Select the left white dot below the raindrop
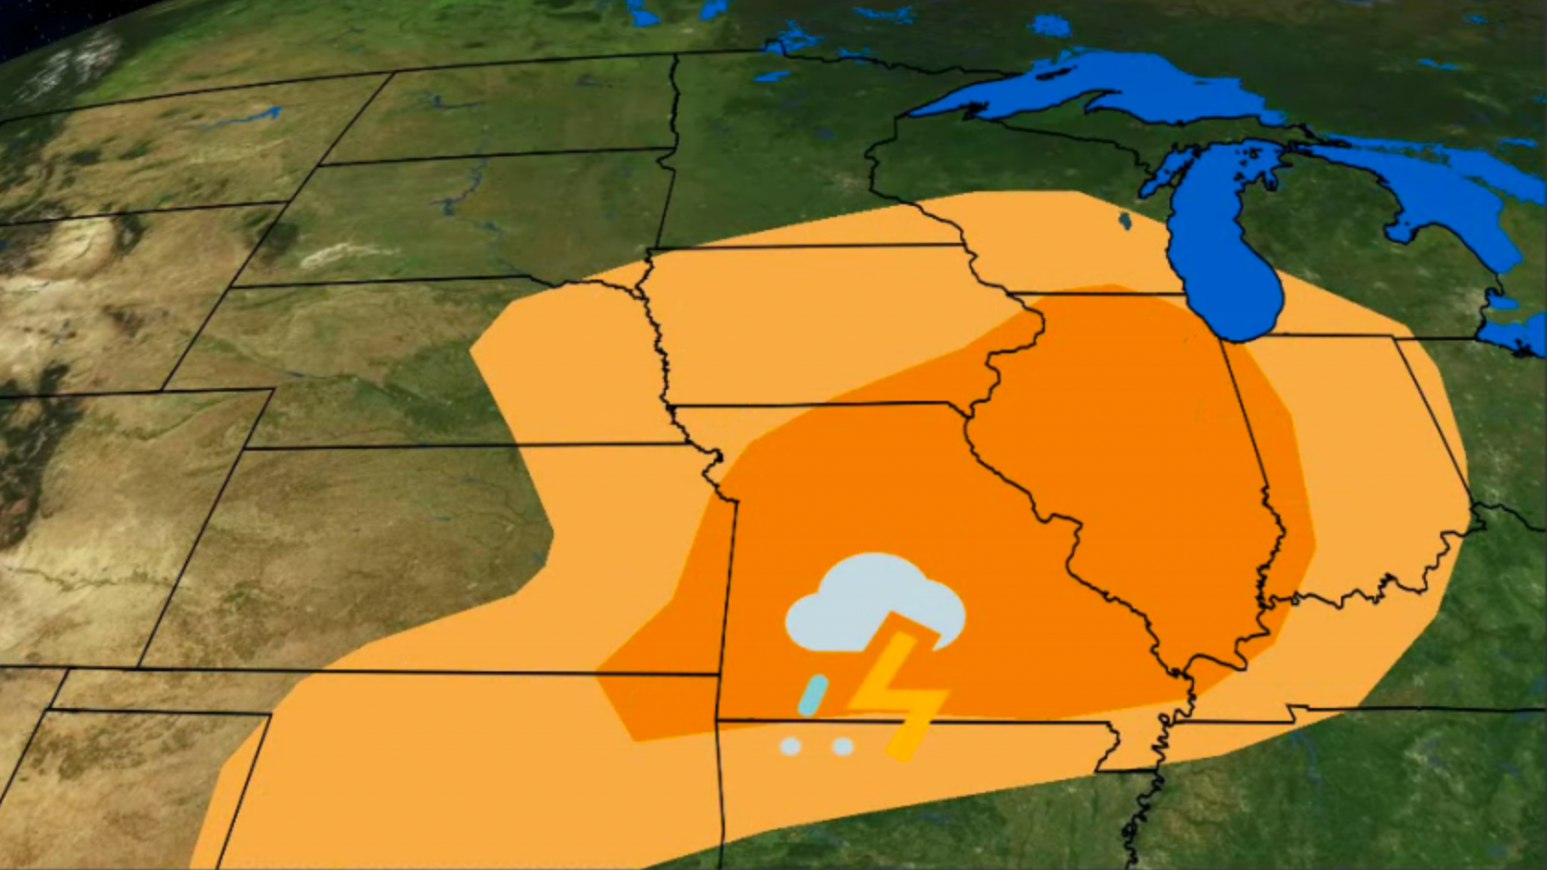pyautogui.click(x=790, y=746)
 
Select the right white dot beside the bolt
pyautogui.click(x=842, y=746)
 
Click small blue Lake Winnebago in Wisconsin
pyautogui.click(x=1125, y=222)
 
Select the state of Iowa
pyautogui.click(x=809, y=331)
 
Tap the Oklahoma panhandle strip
pyautogui.click(x=156, y=690)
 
